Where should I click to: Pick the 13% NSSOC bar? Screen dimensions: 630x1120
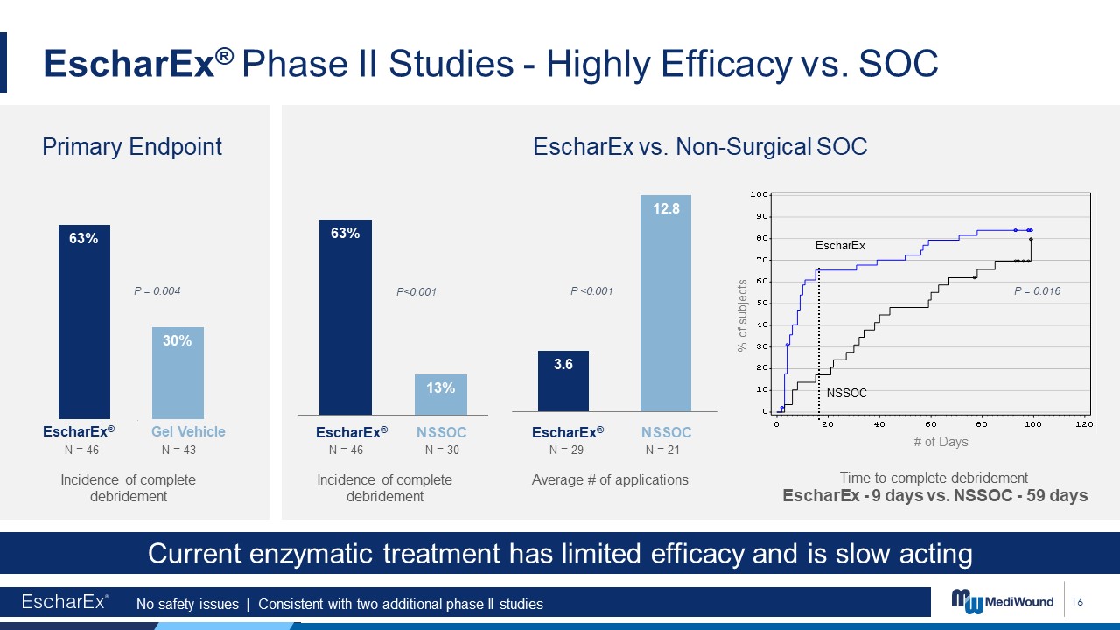coord(440,395)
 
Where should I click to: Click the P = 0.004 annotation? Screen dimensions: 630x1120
coord(157,290)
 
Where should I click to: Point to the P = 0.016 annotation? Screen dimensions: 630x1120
coord(1037,291)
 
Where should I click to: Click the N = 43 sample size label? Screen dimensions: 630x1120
coord(178,450)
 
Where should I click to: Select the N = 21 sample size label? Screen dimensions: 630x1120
coord(662,450)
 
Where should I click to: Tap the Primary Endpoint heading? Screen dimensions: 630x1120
coord(132,147)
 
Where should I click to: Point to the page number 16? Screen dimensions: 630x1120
coord(1077,602)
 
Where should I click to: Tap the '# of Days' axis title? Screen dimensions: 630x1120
coord(941,442)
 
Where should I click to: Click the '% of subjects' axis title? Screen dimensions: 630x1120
coord(742,316)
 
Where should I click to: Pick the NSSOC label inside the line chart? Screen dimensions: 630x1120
coord(846,393)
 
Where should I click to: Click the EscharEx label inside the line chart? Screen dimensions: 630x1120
coord(839,246)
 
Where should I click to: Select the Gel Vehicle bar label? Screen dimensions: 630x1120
coord(188,431)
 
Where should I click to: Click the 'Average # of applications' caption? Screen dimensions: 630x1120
coord(610,479)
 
